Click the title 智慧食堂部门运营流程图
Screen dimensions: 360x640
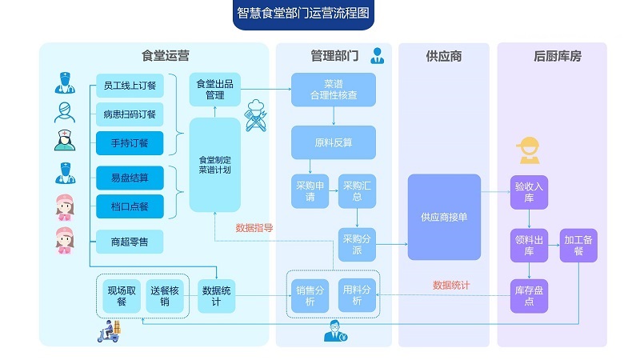tap(304, 14)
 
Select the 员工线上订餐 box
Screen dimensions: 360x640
tap(129, 84)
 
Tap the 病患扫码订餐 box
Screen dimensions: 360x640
tap(129, 114)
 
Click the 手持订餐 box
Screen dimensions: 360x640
tap(129, 143)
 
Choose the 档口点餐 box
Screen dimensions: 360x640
tap(129, 206)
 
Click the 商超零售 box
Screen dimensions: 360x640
tap(129, 241)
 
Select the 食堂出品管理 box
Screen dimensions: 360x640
tap(214, 89)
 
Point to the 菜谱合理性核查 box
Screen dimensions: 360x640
tap(333, 89)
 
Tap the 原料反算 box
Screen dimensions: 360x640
tap(333, 142)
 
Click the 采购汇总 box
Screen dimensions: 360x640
tap(358, 191)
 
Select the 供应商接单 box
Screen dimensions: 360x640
tap(444, 216)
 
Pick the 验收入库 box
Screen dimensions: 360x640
tap(529, 192)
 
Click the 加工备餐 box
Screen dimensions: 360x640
tap(578, 245)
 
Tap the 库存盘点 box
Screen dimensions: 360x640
tap(529, 295)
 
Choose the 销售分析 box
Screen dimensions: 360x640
tap(310, 295)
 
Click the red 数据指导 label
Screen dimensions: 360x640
tap(254, 228)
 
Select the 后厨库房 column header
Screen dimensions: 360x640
tap(553, 56)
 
